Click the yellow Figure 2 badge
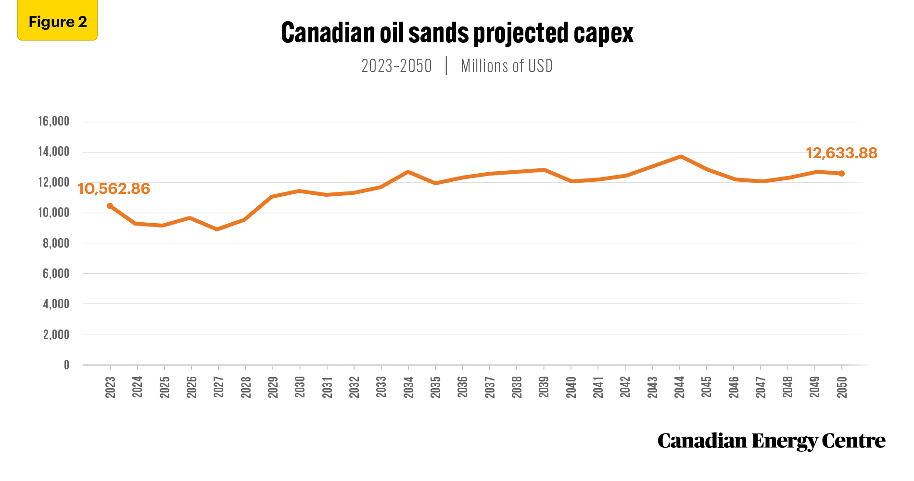[x=58, y=20]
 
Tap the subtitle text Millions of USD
[x=507, y=66]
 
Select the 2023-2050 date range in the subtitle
[x=396, y=66]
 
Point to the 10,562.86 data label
[x=114, y=189]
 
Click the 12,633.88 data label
[x=841, y=153]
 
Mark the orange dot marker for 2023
[x=110, y=206]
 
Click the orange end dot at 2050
[x=841, y=174]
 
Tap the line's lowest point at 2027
[x=217, y=229]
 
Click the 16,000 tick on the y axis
[x=54, y=121]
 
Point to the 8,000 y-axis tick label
[x=56, y=243]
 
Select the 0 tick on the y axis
[x=67, y=365]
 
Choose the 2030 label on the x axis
[x=300, y=387]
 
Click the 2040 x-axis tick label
[x=571, y=387]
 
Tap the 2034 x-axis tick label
[x=408, y=387]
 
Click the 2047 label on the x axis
[x=761, y=387]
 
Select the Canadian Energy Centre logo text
[x=771, y=441]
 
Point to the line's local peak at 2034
[x=408, y=172]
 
